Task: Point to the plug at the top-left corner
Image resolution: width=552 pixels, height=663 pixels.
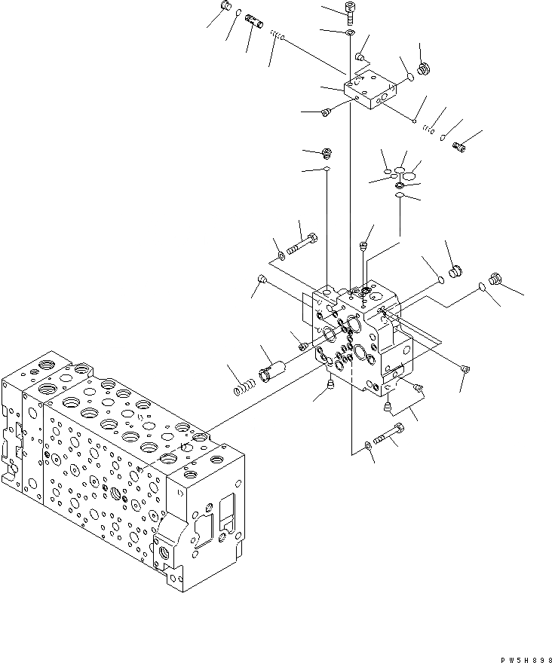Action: pyautogui.click(x=223, y=8)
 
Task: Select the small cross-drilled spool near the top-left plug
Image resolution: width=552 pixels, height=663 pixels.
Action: pyautogui.click(x=254, y=24)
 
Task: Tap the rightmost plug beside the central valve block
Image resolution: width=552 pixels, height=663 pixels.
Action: pyautogui.click(x=495, y=278)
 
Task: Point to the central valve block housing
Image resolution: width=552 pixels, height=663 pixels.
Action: pyautogui.click(x=362, y=339)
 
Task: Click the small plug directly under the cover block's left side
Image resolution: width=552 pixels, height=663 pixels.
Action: pyautogui.click(x=327, y=112)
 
